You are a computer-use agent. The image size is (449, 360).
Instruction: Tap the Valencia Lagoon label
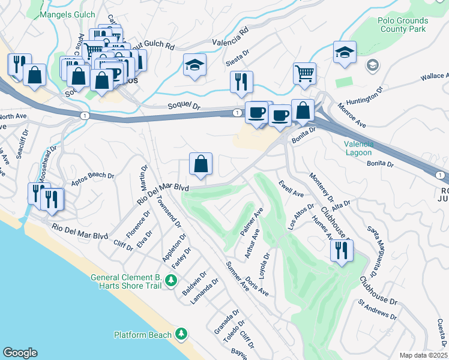(359, 148)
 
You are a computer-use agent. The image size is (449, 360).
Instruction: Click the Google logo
(20, 353)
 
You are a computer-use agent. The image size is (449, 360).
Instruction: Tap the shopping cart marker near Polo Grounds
(304, 73)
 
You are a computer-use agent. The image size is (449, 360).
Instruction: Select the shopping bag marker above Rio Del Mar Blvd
(200, 163)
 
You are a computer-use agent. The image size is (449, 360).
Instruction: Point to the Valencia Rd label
(230, 40)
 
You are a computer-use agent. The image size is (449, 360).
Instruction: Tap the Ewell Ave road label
(291, 188)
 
